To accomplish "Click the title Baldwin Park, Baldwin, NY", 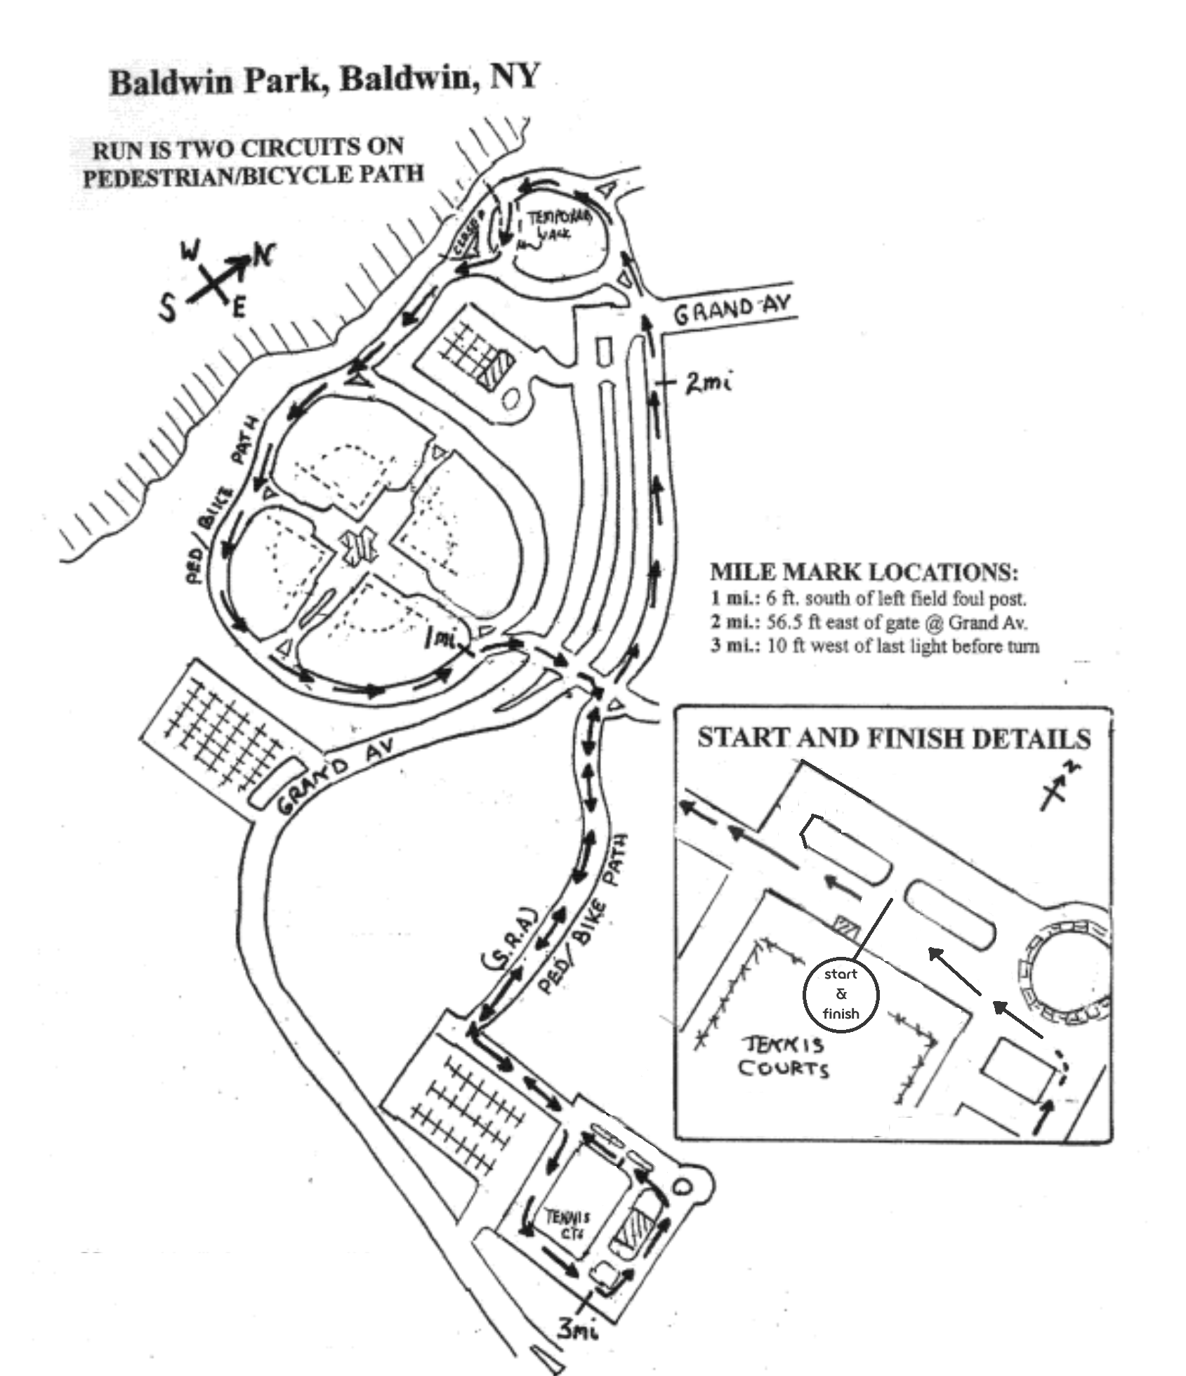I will tap(324, 79).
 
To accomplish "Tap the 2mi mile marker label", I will tap(709, 383).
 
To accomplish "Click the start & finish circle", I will tap(841, 993).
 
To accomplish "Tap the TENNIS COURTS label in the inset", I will tap(783, 1057).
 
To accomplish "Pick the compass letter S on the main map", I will tap(167, 306).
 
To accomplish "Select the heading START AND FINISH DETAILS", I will tap(894, 739).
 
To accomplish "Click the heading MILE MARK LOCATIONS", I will tap(864, 572).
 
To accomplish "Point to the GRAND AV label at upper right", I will tap(732, 310).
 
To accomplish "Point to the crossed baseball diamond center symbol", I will tap(358, 545).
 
